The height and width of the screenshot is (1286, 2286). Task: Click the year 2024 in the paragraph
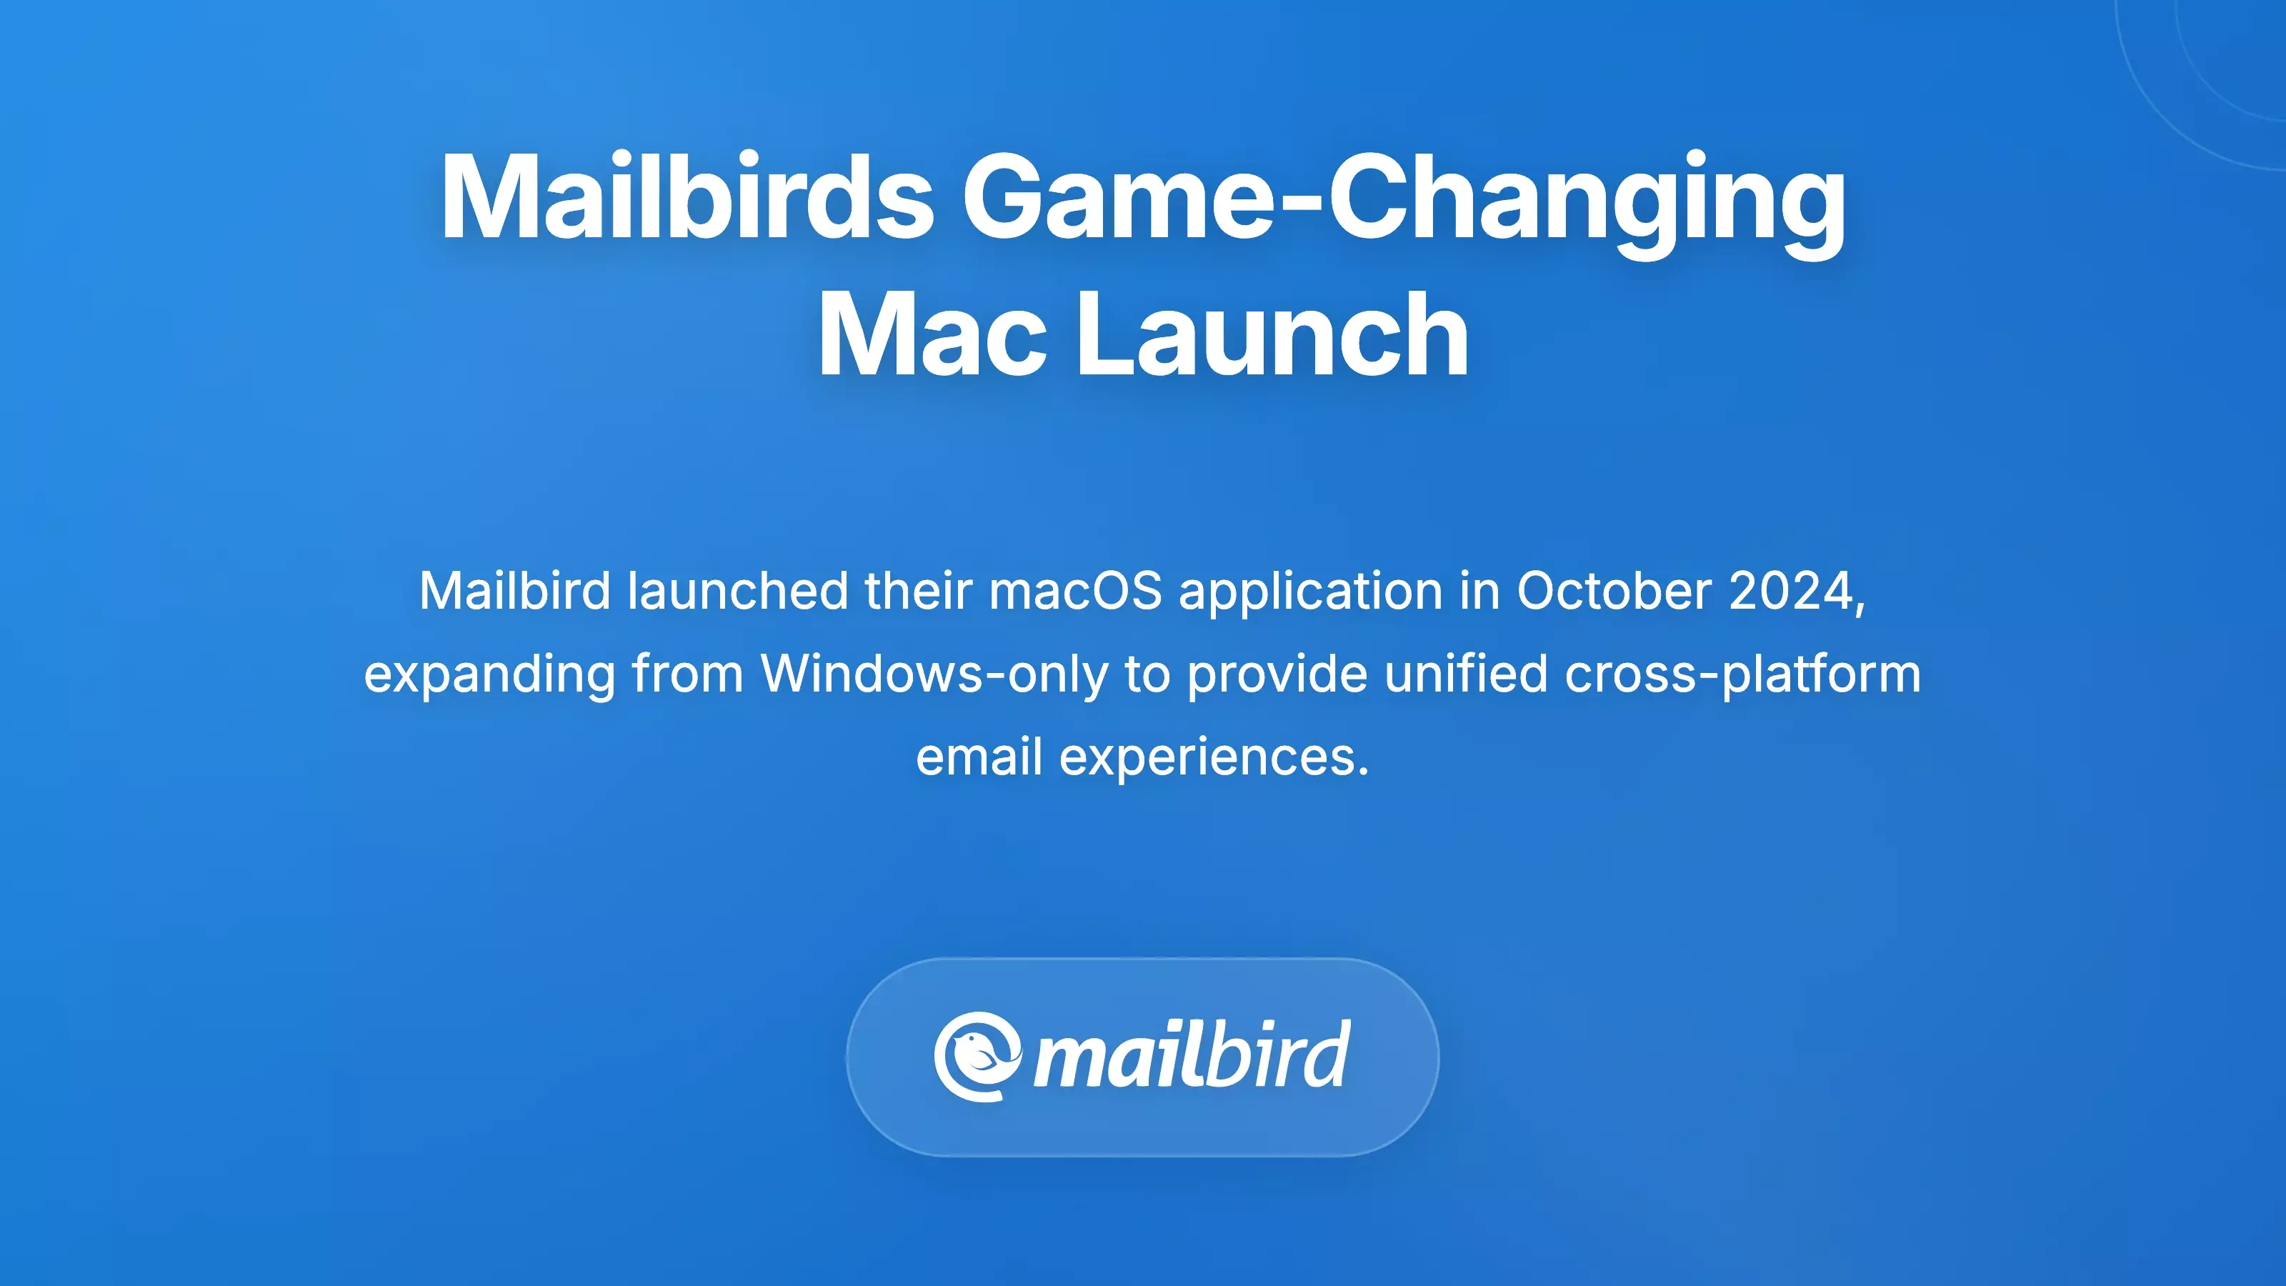(1792, 591)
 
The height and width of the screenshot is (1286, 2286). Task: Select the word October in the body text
(1613, 591)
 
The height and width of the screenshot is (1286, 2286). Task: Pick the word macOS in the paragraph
(1076, 591)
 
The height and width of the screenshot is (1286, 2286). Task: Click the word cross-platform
(1743, 674)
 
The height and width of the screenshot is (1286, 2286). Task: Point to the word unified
(1465, 674)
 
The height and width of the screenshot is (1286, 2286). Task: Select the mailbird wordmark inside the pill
(1191, 1056)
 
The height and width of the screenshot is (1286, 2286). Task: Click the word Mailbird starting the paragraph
(514, 591)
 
